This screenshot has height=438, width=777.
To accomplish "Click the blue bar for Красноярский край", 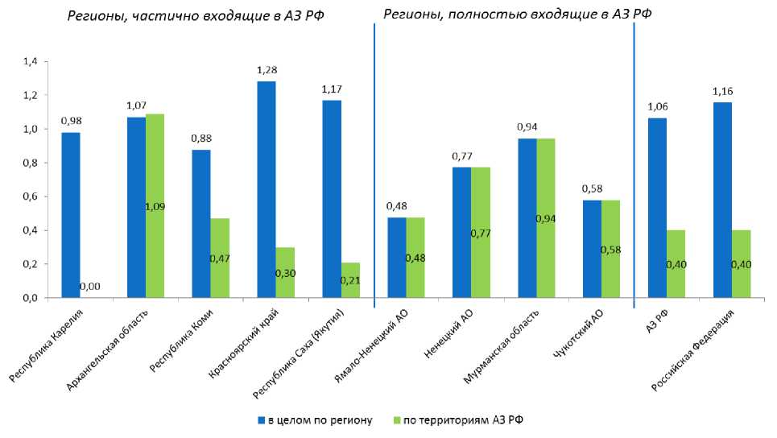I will tap(267, 189).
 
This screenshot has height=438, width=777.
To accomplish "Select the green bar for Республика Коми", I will tap(220, 258).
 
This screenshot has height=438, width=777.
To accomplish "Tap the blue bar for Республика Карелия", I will tap(71, 215).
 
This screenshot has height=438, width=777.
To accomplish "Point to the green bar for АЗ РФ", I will tap(676, 264).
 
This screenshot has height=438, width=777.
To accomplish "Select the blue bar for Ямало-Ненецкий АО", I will tap(397, 258).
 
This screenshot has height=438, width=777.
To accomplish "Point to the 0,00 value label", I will tap(90, 287).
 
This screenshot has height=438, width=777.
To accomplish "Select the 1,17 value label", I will tap(331, 89).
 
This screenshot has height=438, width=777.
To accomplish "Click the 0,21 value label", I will tap(350, 279).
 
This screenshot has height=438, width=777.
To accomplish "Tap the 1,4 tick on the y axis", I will tap(31, 62).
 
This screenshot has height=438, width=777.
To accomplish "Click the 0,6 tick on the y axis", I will tap(31, 196).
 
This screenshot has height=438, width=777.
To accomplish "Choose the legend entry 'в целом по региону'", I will tap(315, 420).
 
